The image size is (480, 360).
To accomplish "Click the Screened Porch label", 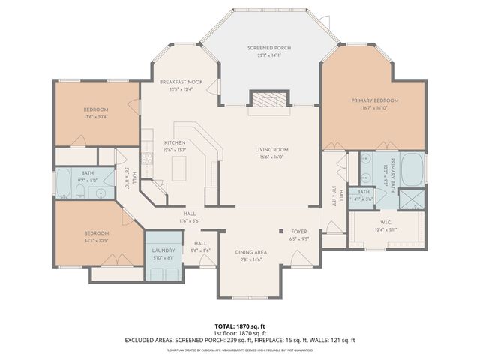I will [x=268, y=48].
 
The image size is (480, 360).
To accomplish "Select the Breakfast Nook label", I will [x=176, y=82].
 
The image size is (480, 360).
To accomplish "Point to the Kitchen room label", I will [x=175, y=142].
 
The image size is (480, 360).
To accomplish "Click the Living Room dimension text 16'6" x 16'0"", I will [x=274, y=157].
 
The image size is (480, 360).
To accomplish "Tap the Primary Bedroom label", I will [x=375, y=100].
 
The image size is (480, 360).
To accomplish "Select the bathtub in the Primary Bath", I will [x=412, y=169].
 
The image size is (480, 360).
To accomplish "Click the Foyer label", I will [x=298, y=232].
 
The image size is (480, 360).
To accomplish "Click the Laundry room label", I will [x=163, y=250].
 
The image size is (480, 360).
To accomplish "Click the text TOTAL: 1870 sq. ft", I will [x=239, y=325].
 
